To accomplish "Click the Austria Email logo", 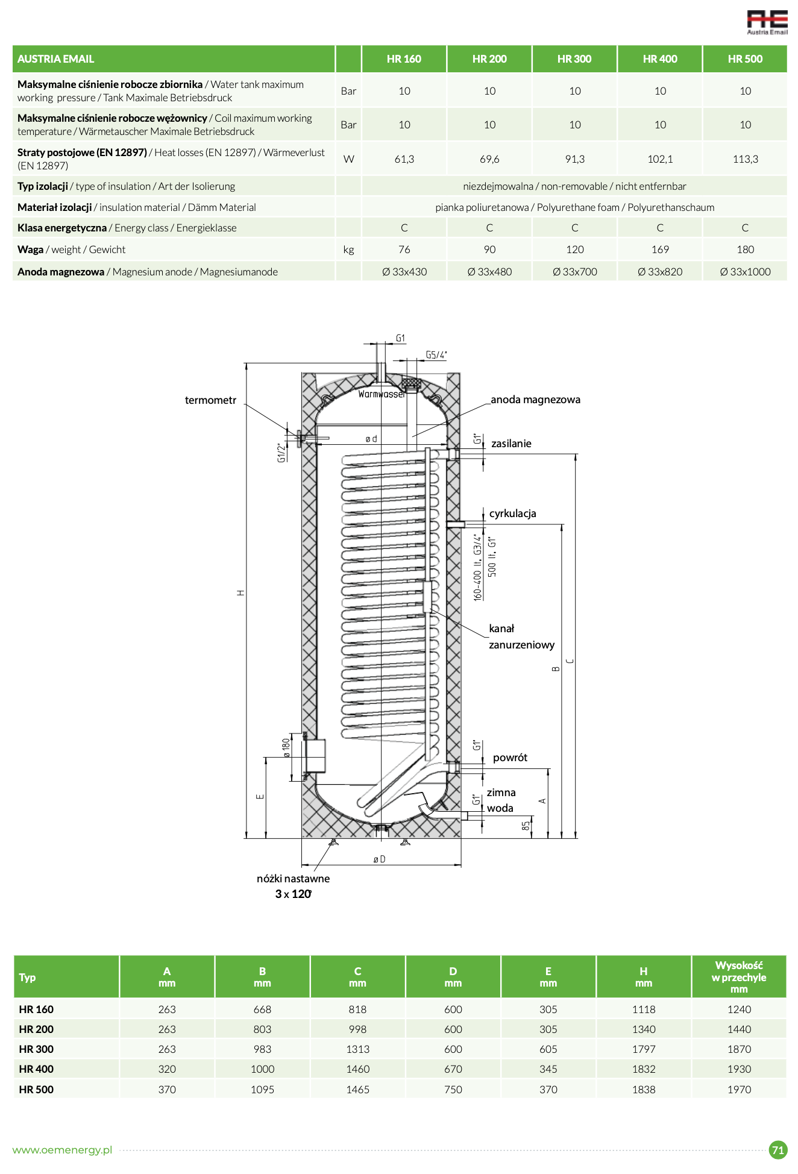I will [767, 22].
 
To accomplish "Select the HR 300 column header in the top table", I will [574, 59].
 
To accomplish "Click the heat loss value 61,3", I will [404, 159].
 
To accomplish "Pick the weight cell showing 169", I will [660, 250].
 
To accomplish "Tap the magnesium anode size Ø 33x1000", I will [745, 272].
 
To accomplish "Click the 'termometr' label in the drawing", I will [210, 401].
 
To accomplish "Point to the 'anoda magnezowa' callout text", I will [535, 400].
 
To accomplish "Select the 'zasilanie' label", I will [511, 444].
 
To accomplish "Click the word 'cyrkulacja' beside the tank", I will [512, 513].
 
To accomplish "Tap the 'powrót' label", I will [510, 758].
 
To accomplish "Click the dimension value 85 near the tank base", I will [526, 826].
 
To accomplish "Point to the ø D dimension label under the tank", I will [379, 859].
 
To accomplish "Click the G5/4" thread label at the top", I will [436, 355].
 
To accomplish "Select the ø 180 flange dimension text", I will [287, 748].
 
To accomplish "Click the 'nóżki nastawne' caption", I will [293, 879].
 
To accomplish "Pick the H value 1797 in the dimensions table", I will [644, 1049].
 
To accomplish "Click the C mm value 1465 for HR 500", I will [357, 1090].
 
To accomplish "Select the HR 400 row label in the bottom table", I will [36, 1069].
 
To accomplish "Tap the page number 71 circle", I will [778, 1150].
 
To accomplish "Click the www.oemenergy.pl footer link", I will [62, 1150].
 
